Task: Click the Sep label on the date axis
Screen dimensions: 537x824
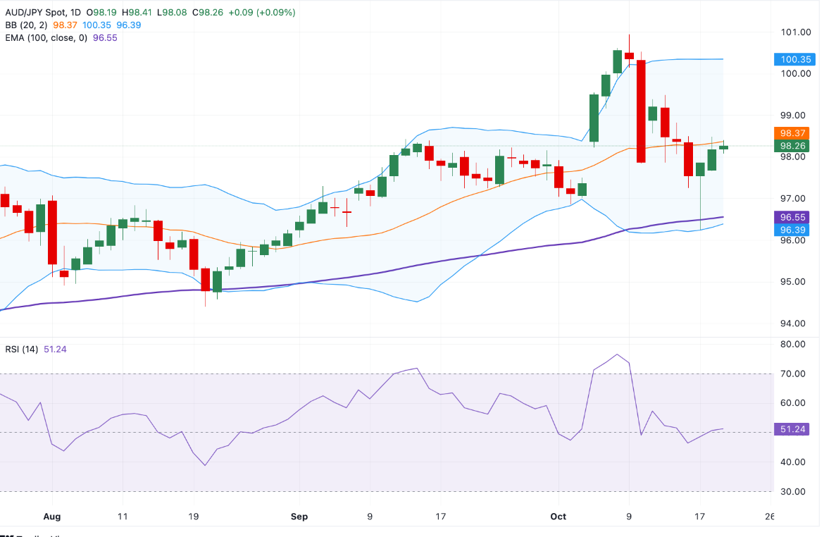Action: coord(299,517)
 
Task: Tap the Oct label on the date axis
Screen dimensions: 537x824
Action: coord(558,517)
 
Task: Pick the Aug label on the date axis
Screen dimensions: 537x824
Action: coord(51,517)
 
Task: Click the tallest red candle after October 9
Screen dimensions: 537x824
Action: coord(641,111)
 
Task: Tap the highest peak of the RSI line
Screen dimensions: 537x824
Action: coord(618,354)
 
